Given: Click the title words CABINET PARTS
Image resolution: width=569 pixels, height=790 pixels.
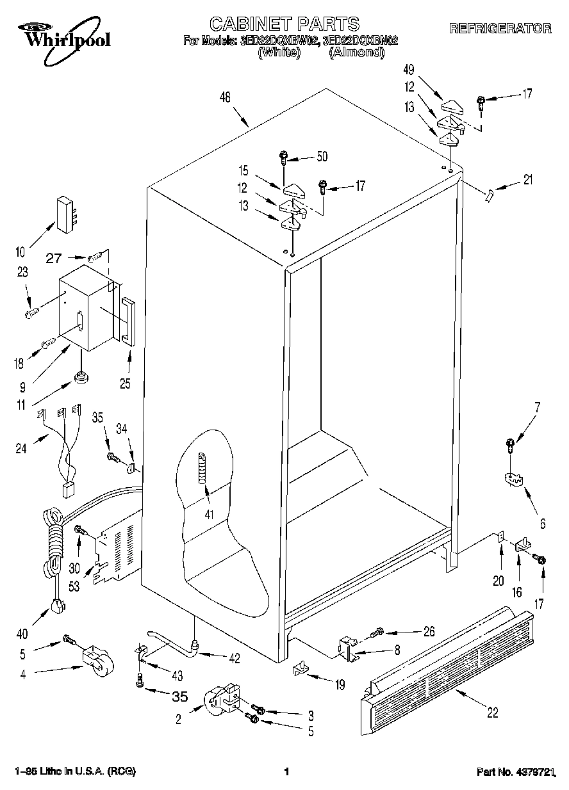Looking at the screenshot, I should tap(284, 24).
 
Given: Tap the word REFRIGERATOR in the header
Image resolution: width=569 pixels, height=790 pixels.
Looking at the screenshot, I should tap(500, 28).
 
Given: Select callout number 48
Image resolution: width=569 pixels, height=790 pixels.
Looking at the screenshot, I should tap(225, 97).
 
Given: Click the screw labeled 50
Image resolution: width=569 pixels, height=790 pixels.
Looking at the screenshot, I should tap(283, 156).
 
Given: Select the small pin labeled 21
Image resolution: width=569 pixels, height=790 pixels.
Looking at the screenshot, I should tap(490, 194).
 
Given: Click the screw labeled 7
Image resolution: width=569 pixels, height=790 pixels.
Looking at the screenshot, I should tap(511, 443).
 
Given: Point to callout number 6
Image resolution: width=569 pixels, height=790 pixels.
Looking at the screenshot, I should tap(543, 524).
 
